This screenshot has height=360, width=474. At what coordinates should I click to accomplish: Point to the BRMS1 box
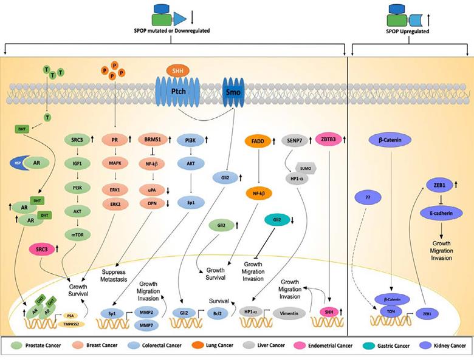[x=152, y=141]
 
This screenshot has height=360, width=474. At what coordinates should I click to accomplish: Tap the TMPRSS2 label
[x=71, y=325]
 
